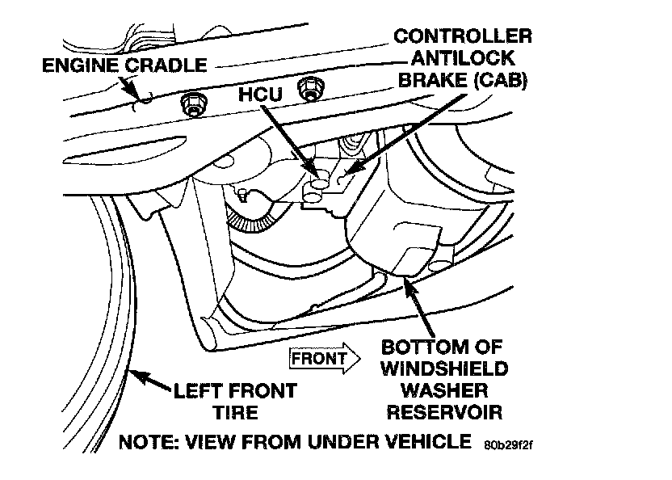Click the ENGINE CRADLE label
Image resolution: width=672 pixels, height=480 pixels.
coord(124,64)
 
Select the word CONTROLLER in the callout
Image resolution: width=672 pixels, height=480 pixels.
coord(463,36)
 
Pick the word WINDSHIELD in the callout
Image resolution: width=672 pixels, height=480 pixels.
coord(444,370)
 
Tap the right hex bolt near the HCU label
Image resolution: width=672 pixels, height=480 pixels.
coord(307,88)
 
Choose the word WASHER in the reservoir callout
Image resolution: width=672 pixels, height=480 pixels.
coord(444,391)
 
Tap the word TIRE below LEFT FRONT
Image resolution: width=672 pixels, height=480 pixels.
coord(235,412)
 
